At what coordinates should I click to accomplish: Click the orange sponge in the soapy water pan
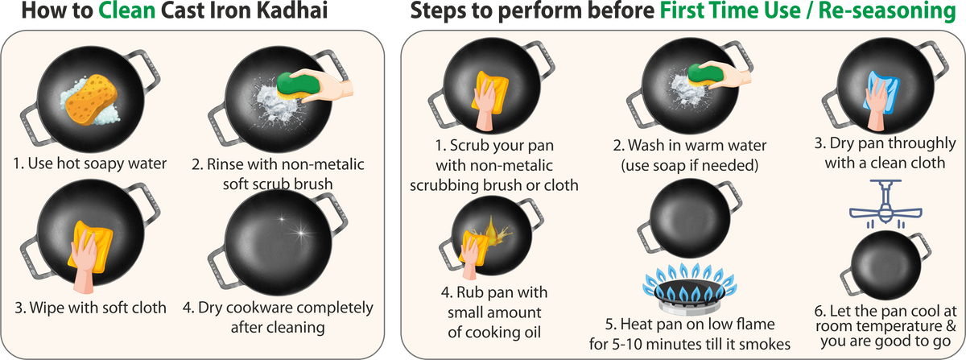coord(90,100)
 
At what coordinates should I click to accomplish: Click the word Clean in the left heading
coord(127,10)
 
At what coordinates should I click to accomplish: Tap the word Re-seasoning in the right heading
coord(886,11)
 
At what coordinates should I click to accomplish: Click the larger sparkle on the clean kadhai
coord(300,234)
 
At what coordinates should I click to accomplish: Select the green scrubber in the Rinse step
coord(299,85)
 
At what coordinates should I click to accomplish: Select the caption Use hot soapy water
coord(89,163)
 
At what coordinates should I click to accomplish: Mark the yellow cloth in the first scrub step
coord(490,94)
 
